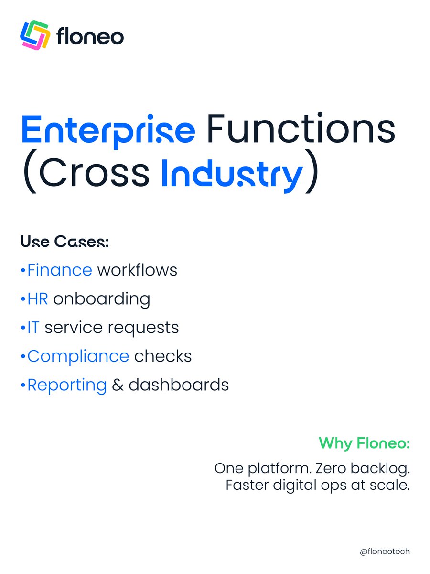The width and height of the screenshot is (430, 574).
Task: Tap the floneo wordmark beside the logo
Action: tap(90, 37)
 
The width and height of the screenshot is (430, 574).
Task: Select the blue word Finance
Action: tap(60, 270)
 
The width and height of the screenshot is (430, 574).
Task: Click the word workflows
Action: tap(137, 270)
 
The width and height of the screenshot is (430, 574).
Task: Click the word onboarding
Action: tap(102, 299)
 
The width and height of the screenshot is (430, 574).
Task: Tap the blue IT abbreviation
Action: tap(33, 328)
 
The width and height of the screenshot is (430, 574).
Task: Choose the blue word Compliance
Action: tap(78, 357)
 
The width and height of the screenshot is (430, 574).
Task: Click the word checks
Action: tap(163, 356)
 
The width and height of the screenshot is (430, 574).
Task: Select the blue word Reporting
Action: tap(67, 386)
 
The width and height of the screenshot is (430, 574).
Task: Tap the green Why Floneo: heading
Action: tap(364, 443)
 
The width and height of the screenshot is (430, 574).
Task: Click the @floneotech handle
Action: tap(385, 552)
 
